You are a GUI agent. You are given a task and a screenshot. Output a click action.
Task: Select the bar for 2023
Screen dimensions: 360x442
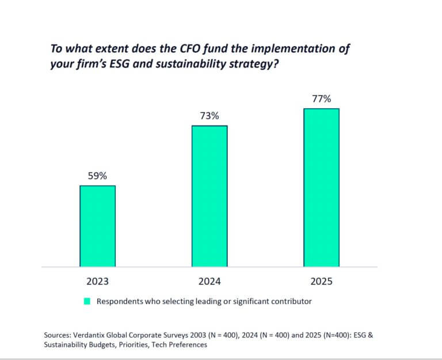(x=97, y=226)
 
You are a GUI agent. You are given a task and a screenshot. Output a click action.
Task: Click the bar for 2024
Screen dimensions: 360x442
(x=209, y=196)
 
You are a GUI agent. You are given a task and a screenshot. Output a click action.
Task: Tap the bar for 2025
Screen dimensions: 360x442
(x=321, y=187)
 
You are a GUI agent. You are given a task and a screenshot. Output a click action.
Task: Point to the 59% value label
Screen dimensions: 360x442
(x=97, y=176)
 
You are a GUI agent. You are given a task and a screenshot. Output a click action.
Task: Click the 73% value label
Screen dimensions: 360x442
(x=209, y=116)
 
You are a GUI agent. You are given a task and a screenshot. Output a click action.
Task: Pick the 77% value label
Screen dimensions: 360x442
(x=321, y=99)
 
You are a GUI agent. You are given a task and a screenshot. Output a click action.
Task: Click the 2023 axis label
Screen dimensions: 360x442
(x=97, y=282)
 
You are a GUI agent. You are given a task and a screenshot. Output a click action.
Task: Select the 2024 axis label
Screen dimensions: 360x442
(x=209, y=282)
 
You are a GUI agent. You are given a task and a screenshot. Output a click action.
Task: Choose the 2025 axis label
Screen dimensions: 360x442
(x=321, y=282)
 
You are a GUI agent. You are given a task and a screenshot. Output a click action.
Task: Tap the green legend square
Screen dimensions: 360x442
(x=87, y=301)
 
